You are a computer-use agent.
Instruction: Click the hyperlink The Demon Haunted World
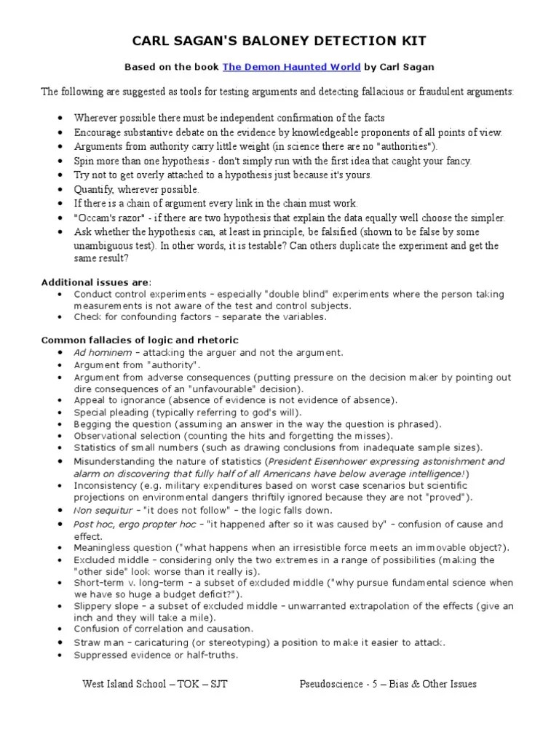coord(291,67)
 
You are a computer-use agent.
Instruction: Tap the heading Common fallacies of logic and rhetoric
coord(139,340)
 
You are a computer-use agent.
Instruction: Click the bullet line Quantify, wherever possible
coord(126,189)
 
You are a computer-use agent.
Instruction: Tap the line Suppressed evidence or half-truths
coord(155,655)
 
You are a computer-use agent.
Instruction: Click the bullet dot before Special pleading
coord(58,413)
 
